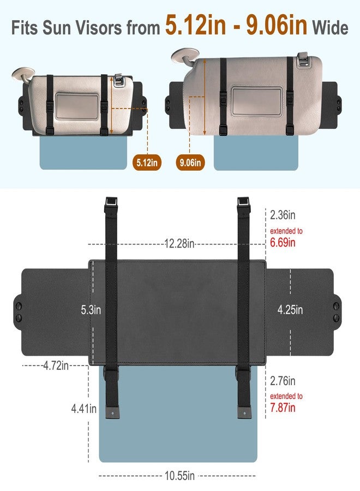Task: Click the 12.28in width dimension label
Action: click(x=179, y=243)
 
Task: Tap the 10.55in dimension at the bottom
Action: click(x=179, y=476)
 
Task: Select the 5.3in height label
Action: click(x=91, y=310)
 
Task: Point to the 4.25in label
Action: click(x=290, y=310)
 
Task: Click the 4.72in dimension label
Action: click(x=56, y=366)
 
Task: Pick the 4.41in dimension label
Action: click(x=83, y=408)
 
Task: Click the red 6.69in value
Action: click(x=283, y=242)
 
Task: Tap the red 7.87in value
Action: click(x=283, y=408)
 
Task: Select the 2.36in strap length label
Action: click(x=283, y=215)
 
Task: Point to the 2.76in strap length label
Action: click(x=283, y=381)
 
